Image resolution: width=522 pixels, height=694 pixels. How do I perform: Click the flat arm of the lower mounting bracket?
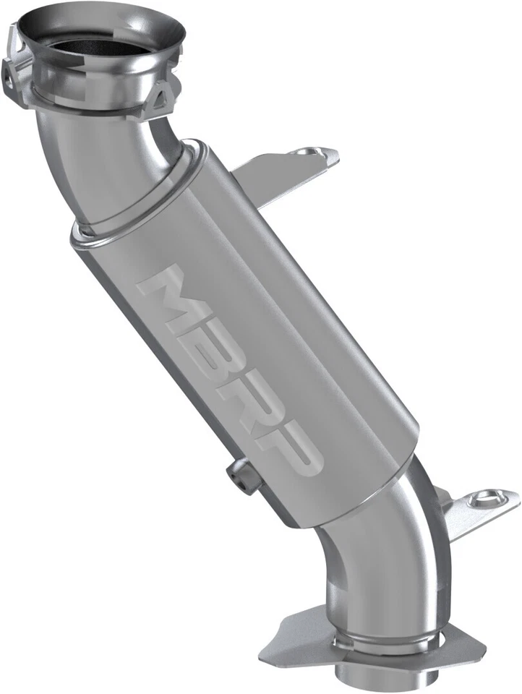point(463,520)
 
